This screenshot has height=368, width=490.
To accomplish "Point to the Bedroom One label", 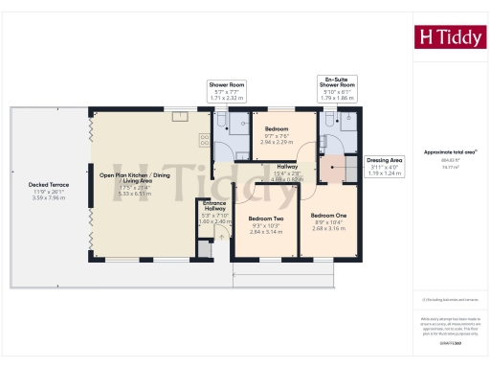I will tap(328, 216).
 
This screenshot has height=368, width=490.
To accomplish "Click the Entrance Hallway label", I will tap(214, 206).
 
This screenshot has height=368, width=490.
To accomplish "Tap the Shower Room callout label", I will tap(228, 85).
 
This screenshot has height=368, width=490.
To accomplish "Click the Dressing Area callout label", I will tap(385, 159).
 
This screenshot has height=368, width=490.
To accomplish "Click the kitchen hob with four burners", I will tap(204, 141).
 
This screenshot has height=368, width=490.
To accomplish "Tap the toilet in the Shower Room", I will tap(220, 120).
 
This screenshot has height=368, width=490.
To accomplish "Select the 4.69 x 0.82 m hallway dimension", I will tap(288, 179).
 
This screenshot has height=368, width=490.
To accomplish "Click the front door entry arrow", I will tap(222, 236).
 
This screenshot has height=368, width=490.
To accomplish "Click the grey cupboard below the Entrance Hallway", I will tap(203, 250).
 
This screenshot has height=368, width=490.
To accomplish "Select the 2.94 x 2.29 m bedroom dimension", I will tap(277, 141).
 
